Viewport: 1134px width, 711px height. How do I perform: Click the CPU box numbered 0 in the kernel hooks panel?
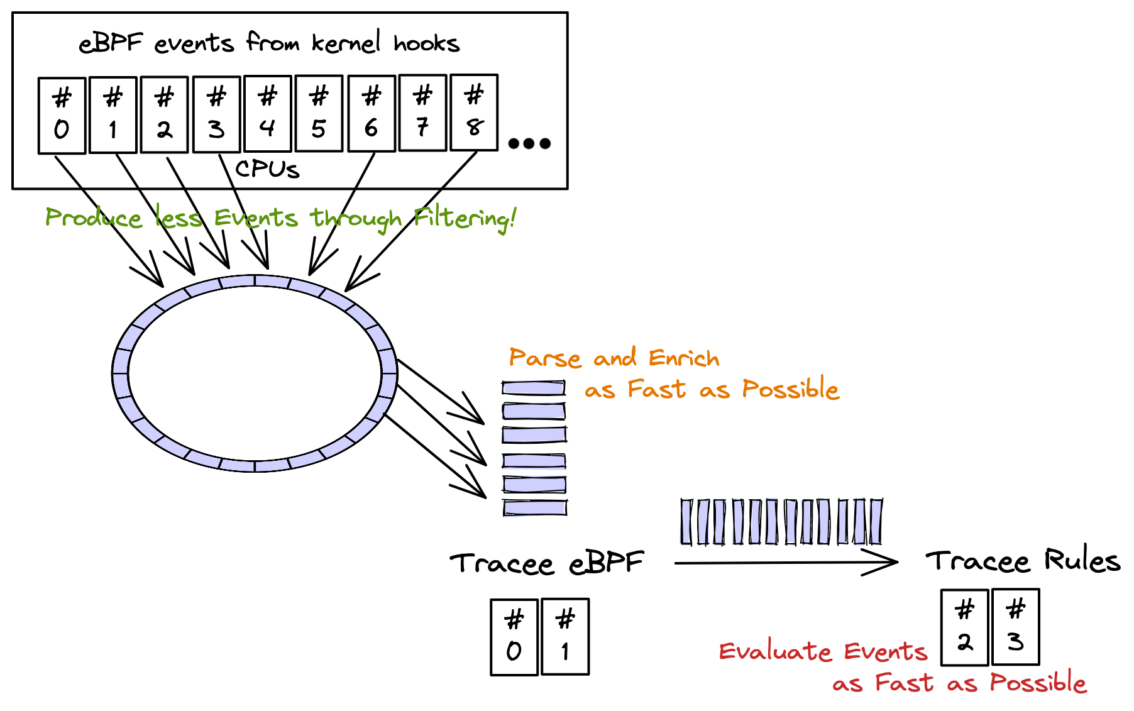click(x=62, y=115)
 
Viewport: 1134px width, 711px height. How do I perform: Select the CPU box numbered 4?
click(x=268, y=114)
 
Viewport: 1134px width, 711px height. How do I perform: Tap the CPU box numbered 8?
click(x=475, y=113)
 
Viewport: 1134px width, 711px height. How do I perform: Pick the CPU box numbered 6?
click(x=372, y=114)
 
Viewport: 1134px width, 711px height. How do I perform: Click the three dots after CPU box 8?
click(x=529, y=143)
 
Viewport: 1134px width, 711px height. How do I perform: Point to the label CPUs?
click(x=267, y=169)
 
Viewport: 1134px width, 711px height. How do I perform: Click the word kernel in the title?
click(x=346, y=43)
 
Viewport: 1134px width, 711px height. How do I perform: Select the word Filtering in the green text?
click(x=465, y=219)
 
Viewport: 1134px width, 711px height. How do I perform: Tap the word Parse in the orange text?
click(x=545, y=358)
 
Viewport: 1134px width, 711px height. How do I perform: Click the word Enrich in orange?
click(x=684, y=358)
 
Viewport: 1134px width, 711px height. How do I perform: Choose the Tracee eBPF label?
click(x=547, y=563)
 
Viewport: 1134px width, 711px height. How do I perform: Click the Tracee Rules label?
click(x=1023, y=560)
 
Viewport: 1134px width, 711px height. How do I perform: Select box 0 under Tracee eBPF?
click(x=514, y=637)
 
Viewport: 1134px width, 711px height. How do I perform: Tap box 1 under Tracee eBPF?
click(x=565, y=637)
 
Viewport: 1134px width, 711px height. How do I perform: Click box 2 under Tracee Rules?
click(x=965, y=627)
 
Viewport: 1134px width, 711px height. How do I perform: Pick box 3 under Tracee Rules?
click(x=1016, y=627)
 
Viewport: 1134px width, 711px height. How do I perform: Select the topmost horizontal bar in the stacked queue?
click(x=534, y=388)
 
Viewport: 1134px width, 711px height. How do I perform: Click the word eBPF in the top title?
click(x=111, y=43)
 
